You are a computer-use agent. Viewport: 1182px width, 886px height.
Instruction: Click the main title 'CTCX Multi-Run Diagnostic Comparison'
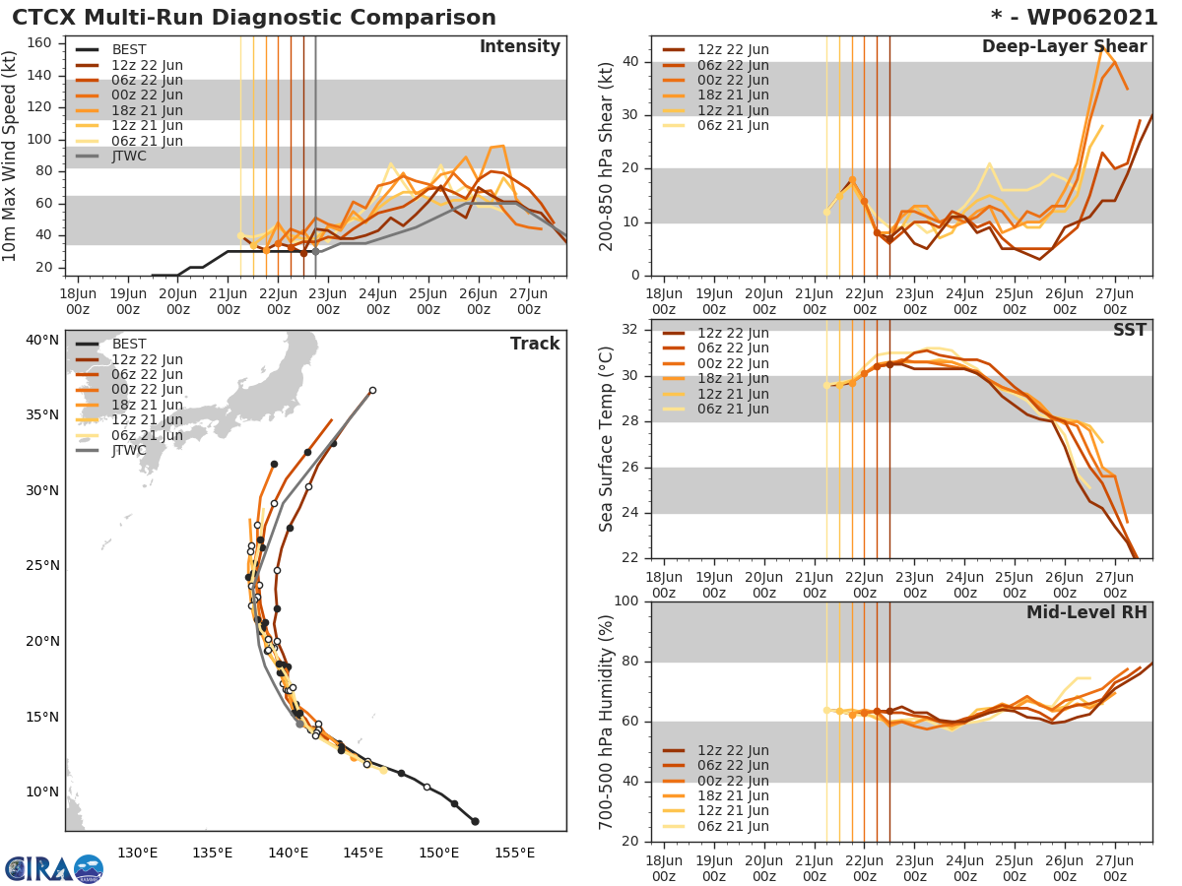coord(254,18)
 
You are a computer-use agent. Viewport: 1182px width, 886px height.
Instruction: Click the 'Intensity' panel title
coord(519,47)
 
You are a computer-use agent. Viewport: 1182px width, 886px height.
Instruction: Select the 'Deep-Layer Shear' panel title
coord(1064,47)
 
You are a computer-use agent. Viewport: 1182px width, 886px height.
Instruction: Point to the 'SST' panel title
coord(1130,330)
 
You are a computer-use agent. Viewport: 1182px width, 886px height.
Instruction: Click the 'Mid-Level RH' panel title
coord(1086,612)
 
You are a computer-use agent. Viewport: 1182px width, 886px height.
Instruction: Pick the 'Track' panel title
coord(535,344)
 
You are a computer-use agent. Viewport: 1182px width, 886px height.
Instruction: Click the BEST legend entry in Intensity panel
coord(129,50)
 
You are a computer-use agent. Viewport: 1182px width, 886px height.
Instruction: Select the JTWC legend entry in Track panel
coord(129,451)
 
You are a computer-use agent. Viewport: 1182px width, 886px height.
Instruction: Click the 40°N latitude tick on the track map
coord(42,341)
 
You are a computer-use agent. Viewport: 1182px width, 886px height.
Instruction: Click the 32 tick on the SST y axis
coord(632,330)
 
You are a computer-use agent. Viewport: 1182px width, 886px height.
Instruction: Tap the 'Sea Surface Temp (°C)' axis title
coord(607,439)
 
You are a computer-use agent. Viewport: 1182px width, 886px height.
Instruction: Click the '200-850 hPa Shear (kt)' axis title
coord(607,156)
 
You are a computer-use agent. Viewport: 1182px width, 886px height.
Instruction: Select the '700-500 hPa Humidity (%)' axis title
coord(607,722)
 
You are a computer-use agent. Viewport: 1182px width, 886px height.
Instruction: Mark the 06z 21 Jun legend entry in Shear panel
coord(733,126)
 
